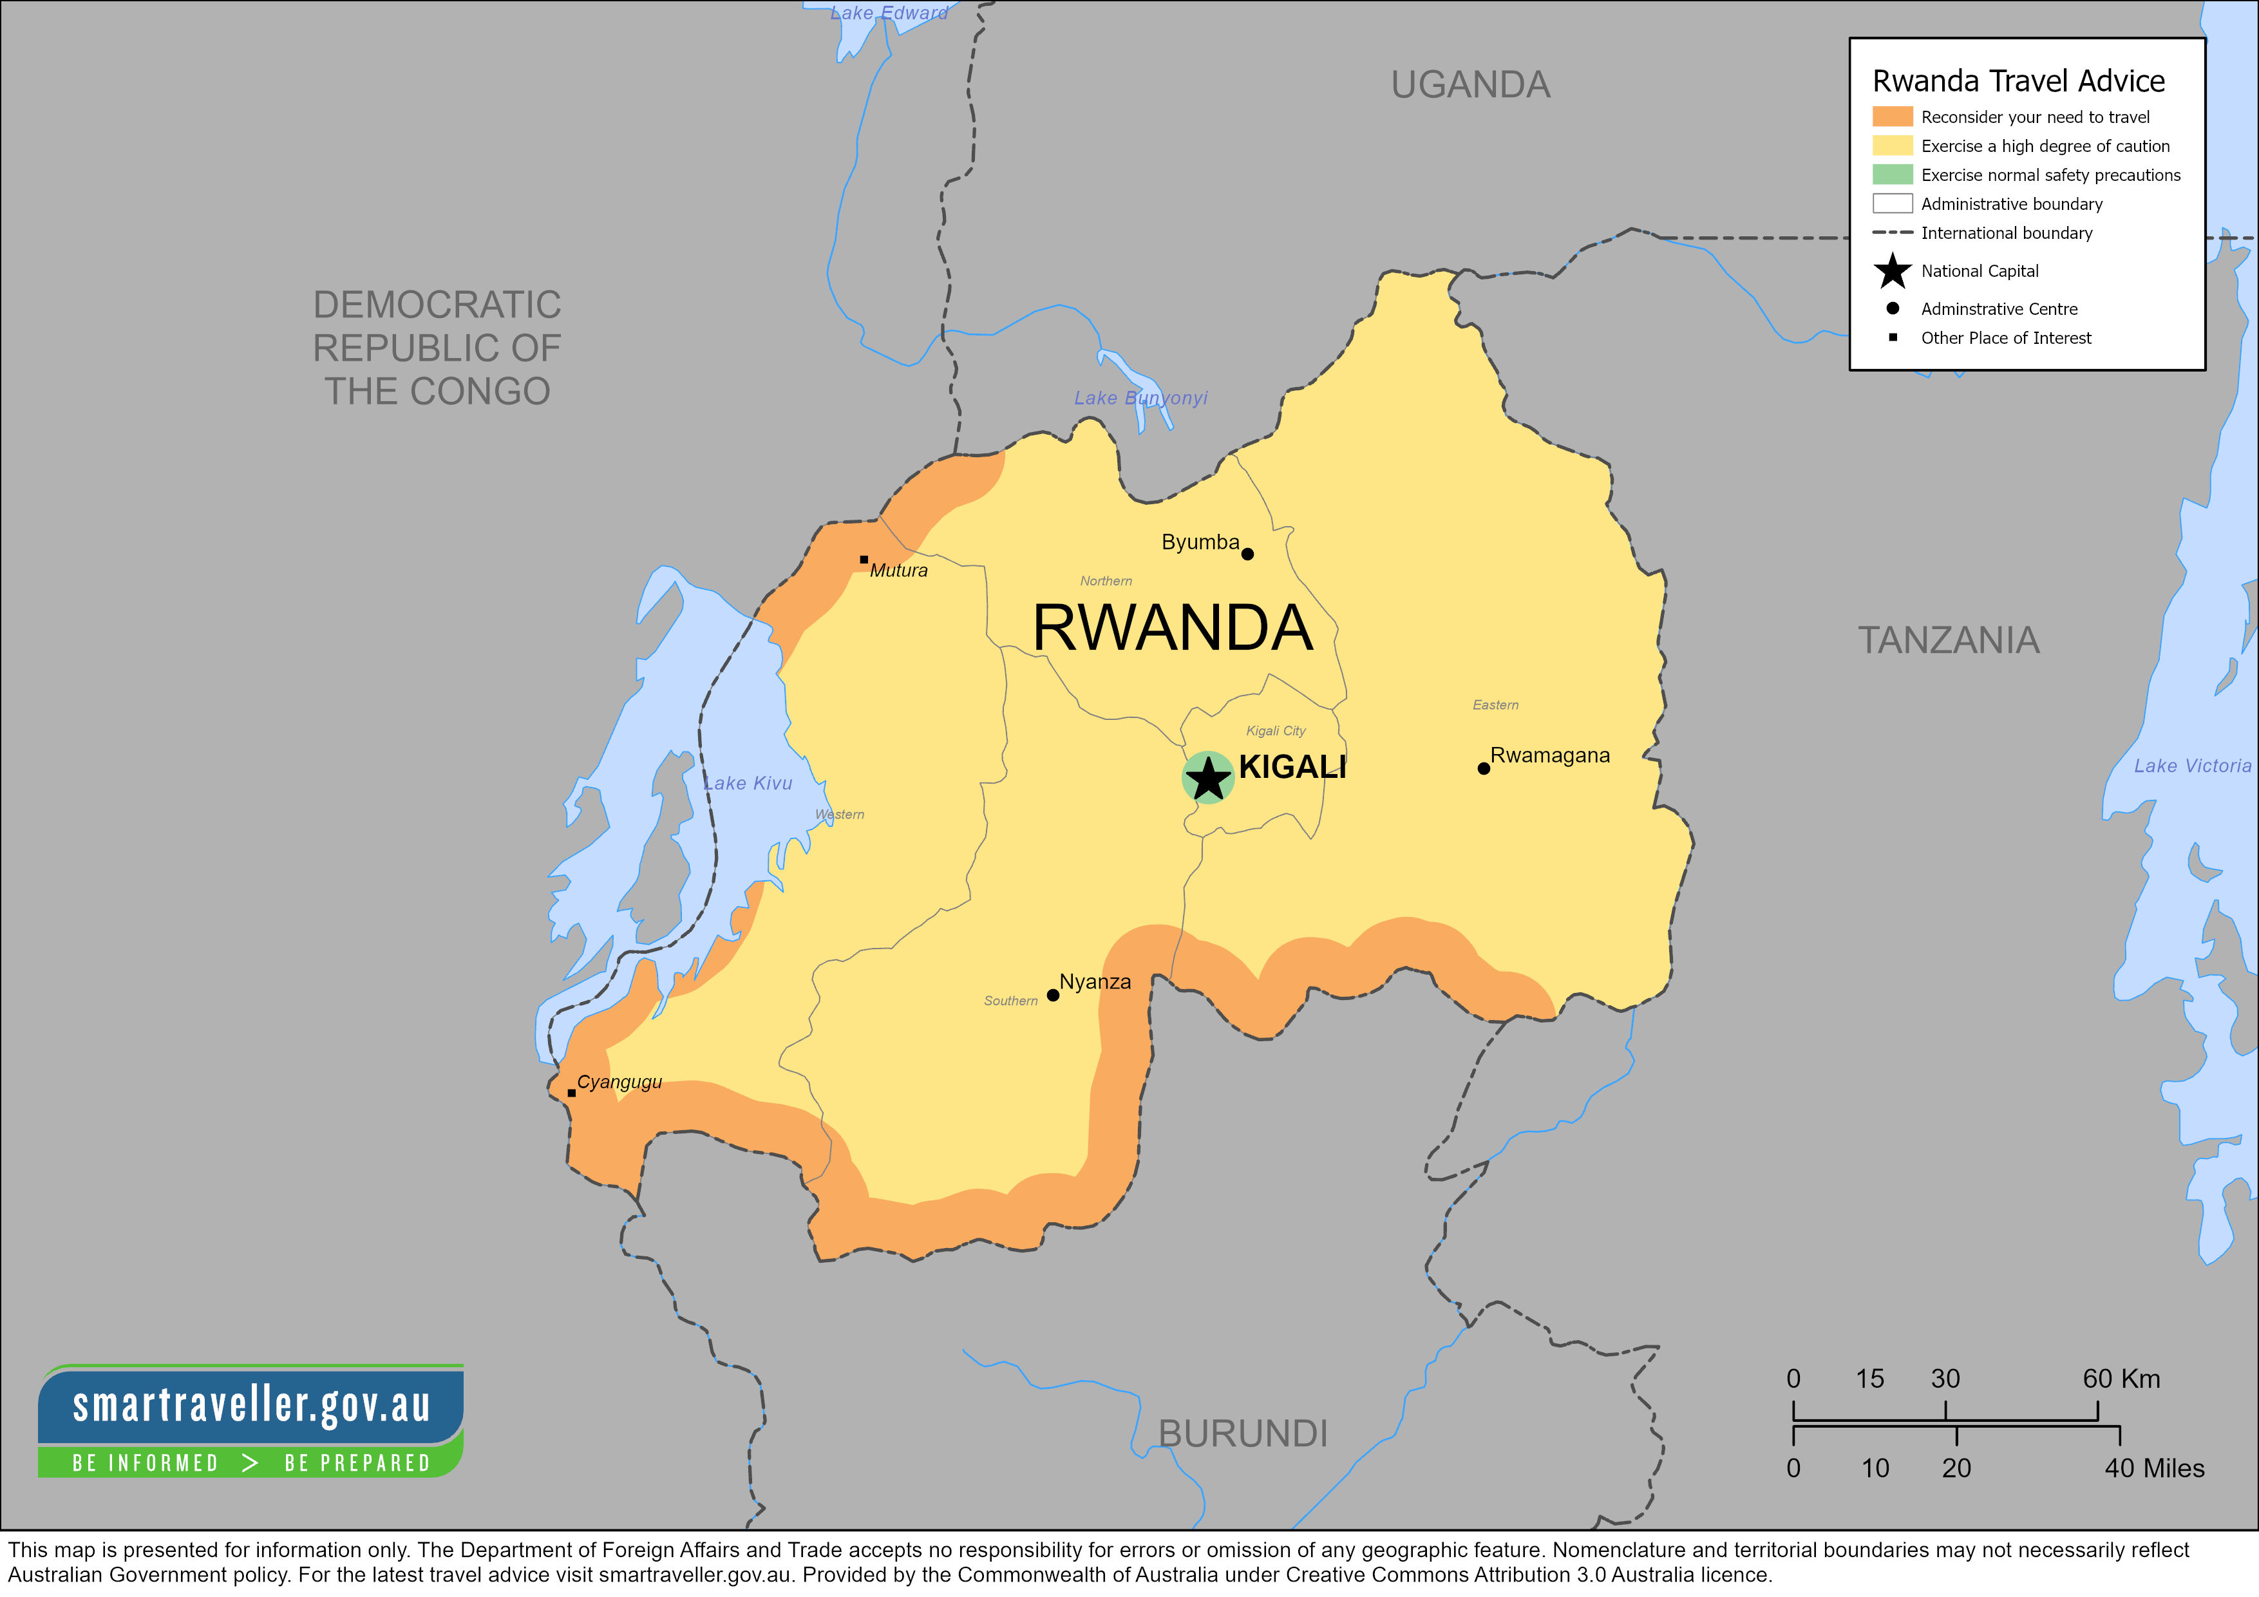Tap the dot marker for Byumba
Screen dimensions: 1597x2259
click(1247, 554)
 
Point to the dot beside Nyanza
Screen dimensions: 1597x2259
click(1053, 995)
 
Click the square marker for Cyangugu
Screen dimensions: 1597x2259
click(572, 1092)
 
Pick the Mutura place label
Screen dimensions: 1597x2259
click(898, 571)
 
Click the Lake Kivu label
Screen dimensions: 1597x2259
click(748, 783)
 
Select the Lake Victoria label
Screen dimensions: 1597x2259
click(2192, 766)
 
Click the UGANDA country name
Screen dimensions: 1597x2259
click(1470, 86)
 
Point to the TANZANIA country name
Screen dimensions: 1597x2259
click(1948, 641)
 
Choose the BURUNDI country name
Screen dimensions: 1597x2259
click(1243, 1433)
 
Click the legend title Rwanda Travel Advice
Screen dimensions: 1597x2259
click(2018, 80)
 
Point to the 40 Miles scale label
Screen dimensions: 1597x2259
click(2154, 1468)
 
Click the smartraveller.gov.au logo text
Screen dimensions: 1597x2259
click(252, 1405)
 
